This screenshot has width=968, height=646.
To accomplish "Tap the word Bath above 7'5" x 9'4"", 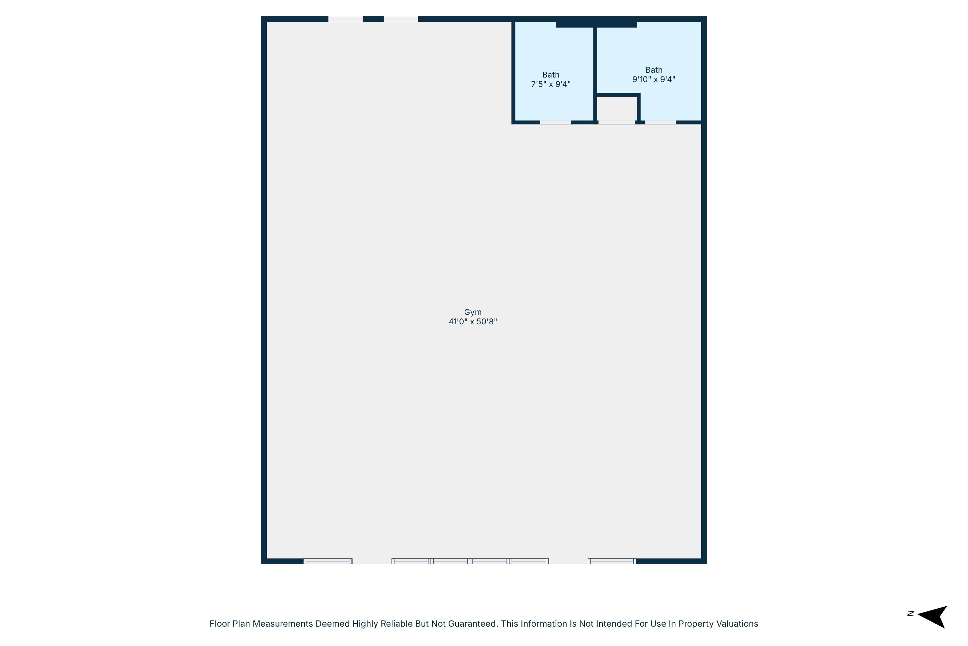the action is tap(551, 75).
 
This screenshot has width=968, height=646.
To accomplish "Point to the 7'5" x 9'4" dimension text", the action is tap(551, 84).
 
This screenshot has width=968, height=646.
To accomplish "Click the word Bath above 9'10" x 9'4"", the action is tap(654, 70).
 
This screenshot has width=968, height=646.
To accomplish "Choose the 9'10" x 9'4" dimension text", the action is tap(654, 79).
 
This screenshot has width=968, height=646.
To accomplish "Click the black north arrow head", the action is tap(933, 617).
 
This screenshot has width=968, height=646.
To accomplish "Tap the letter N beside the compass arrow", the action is tap(911, 614).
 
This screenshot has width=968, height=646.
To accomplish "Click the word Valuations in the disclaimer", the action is tap(738, 624).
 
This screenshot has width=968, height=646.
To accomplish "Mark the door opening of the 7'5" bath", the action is tap(556, 122).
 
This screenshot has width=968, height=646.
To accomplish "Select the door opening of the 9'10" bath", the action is tap(660, 122).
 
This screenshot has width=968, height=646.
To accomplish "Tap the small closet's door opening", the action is tap(617, 122).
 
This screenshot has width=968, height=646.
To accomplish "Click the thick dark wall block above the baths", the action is tap(596, 24).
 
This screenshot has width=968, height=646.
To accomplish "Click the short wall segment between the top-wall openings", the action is tap(373, 19).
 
